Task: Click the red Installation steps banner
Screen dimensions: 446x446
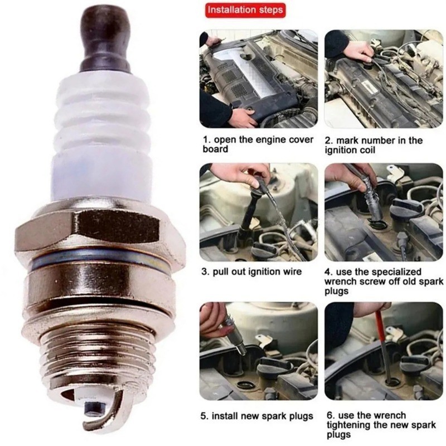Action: (x=245, y=10)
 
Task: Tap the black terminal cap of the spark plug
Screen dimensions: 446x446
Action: (x=105, y=40)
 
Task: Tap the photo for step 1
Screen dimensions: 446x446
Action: (x=259, y=79)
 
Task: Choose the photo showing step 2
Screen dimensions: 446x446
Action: (x=384, y=79)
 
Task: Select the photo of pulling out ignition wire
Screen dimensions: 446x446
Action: (x=259, y=212)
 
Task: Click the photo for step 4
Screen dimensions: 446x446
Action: (x=384, y=212)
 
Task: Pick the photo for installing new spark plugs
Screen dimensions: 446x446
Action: (x=259, y=351)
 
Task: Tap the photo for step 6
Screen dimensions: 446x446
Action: (x=384, y=351)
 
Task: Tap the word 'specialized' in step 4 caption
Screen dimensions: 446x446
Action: (x=396, y=272)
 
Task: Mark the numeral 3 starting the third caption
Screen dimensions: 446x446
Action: (x=204, y=272)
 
